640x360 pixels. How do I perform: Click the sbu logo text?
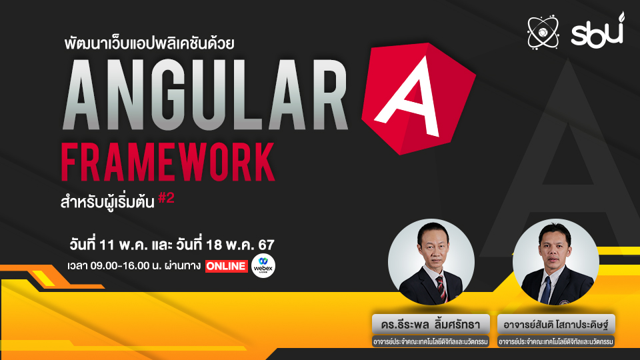point(597,30)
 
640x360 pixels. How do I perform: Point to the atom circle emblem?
point(542,31)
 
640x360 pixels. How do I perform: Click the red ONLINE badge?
point(226,265)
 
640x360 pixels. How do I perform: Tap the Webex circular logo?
point(263,265)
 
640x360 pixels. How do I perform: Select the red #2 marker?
point(167,199)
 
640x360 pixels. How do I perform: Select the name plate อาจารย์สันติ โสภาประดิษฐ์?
point(555,323)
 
